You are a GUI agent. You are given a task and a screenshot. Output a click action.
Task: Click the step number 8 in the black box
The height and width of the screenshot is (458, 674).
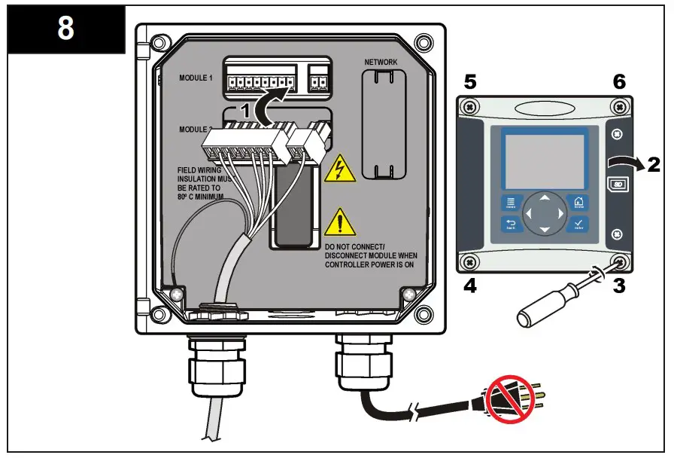[65, 30]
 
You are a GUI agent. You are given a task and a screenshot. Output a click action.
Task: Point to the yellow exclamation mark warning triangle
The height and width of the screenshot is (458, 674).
[340, 222]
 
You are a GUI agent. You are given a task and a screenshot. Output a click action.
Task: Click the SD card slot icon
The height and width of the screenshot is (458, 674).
[618, 184]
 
